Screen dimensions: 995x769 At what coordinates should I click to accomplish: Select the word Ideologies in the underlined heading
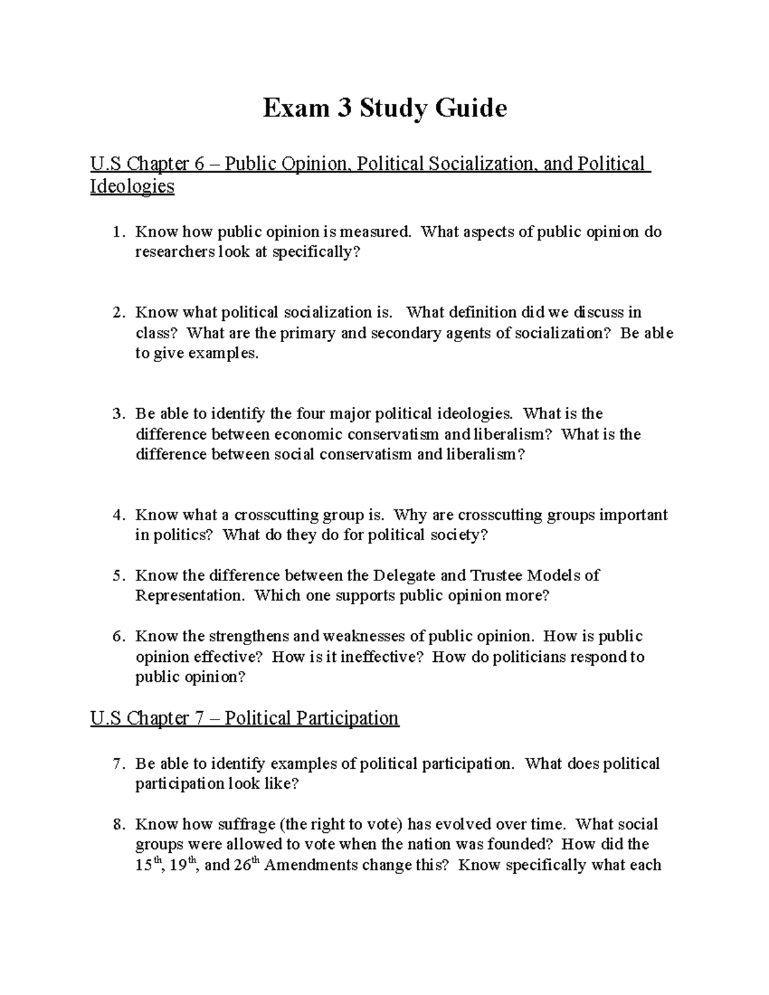tap(132, 186)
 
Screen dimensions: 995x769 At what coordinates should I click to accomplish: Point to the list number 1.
tap(117, 232)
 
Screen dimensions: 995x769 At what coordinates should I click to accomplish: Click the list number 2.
tap(117, 313)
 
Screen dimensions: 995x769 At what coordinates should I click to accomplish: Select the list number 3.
tap(117, 414)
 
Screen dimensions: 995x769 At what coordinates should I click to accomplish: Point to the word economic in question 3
tap(308, 434)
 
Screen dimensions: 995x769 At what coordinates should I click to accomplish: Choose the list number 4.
tap(117, 515)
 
